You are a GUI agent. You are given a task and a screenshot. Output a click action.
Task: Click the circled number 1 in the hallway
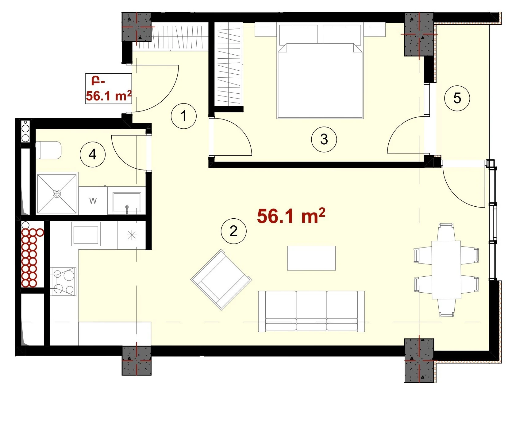(183, 116)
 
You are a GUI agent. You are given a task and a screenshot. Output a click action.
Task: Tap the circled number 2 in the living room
(233, 231)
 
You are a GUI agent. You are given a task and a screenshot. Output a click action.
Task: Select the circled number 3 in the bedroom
(324, 139)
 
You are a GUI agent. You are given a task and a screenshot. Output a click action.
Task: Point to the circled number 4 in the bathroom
(93, 154)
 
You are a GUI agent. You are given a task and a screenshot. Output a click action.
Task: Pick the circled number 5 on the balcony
(457, 98)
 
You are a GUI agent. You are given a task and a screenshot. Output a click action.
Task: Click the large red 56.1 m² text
(291, 216)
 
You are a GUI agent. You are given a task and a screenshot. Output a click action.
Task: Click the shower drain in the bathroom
(57, 194)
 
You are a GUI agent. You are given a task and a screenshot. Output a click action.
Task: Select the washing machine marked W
(93, 201)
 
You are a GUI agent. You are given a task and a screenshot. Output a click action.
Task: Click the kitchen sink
(86, 234)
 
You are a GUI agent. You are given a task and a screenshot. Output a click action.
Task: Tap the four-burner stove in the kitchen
(64, 281)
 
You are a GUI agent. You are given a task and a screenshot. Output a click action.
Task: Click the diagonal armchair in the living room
(221, 279)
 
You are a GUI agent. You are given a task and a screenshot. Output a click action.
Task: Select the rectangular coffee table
(311, 258)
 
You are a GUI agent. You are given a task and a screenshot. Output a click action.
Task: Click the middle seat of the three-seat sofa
(311, 311)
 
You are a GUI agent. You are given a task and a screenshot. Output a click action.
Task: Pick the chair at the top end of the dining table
(446, 232)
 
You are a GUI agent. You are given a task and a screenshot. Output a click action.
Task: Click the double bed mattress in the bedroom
(320, 80)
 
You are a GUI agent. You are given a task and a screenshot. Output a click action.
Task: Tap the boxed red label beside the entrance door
(109, 89)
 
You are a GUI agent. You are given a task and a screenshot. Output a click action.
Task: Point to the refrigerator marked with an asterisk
(132, 235)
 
